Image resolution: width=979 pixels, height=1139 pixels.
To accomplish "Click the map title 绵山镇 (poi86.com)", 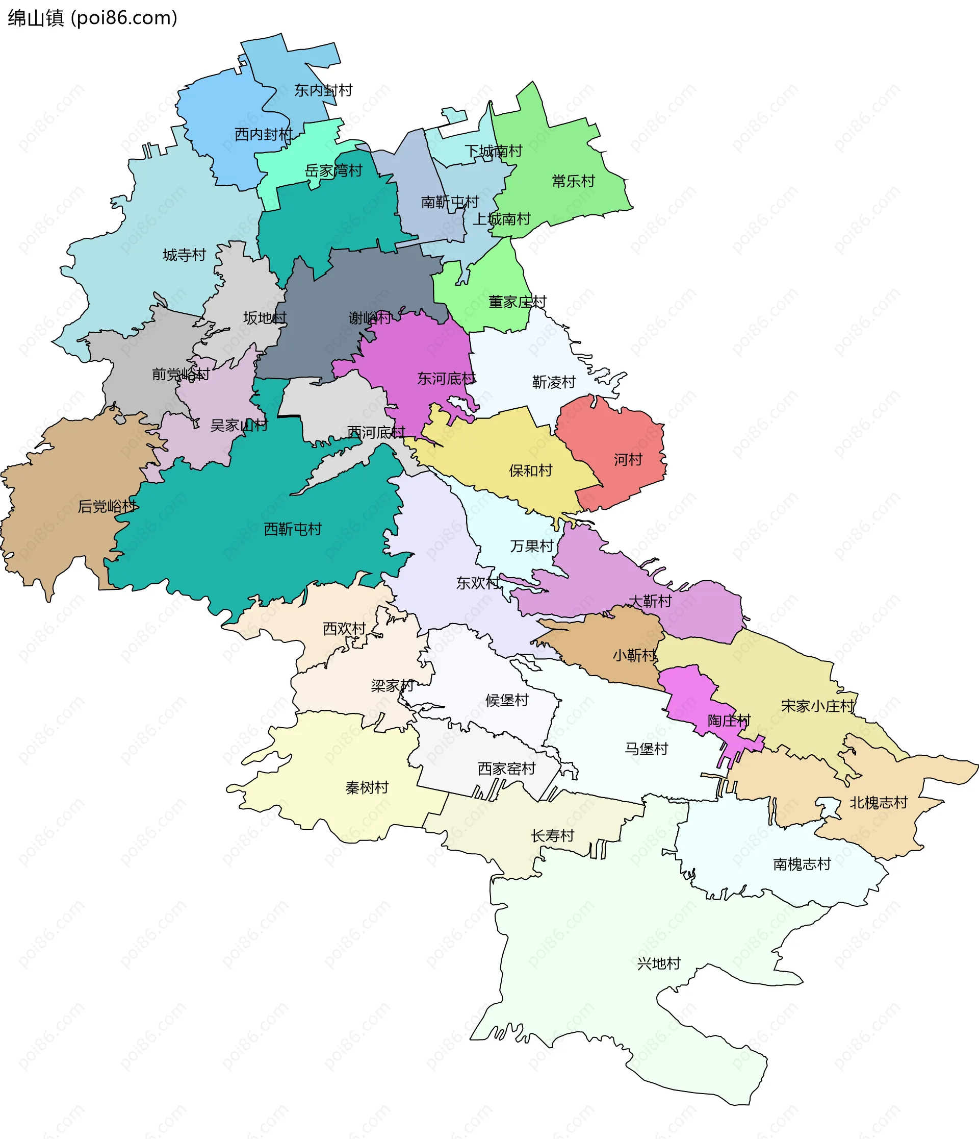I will [x=92, y=18].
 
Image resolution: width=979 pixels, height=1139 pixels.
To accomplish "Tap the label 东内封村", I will [x=323, y=90].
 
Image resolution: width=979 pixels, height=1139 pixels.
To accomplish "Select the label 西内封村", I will [x=264, y=135].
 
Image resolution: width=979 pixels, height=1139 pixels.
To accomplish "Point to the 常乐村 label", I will [x=573, y=181].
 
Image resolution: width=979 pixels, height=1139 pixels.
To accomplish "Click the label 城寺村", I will [x=184, y=255].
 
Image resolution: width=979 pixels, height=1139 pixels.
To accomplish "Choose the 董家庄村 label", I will [x=517, y=302].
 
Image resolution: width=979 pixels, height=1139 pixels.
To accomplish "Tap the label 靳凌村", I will [x=554, y=382].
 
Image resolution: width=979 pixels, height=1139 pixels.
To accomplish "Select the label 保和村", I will [x=530, y=471].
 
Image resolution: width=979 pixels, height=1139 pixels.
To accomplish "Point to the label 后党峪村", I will [x=107, y=506].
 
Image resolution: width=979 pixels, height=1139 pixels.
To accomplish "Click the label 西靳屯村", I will [x=293, y=529].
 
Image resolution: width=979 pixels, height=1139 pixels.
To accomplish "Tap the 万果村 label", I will [x=531, y=546].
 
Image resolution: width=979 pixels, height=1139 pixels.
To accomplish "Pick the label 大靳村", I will [x=650, y=601].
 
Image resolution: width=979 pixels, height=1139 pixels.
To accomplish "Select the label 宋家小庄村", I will [x=817, y=706].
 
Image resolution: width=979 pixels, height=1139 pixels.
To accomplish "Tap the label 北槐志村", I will [x=879, y=803].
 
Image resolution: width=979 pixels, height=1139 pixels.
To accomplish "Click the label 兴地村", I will [x=659, y=963].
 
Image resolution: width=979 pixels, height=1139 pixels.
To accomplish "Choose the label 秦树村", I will [x=367, y=788].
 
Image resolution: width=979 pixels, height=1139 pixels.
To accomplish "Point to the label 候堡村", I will [x=506, y=700].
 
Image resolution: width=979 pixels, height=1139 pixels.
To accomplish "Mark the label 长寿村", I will [x=552, y=835].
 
